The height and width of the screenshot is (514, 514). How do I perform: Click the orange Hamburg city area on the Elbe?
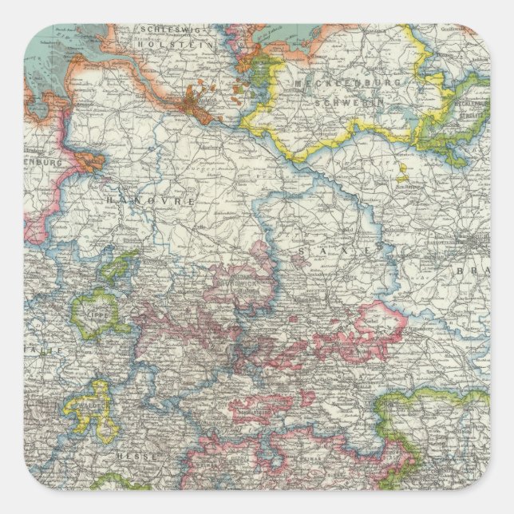[x=196, y=105]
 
